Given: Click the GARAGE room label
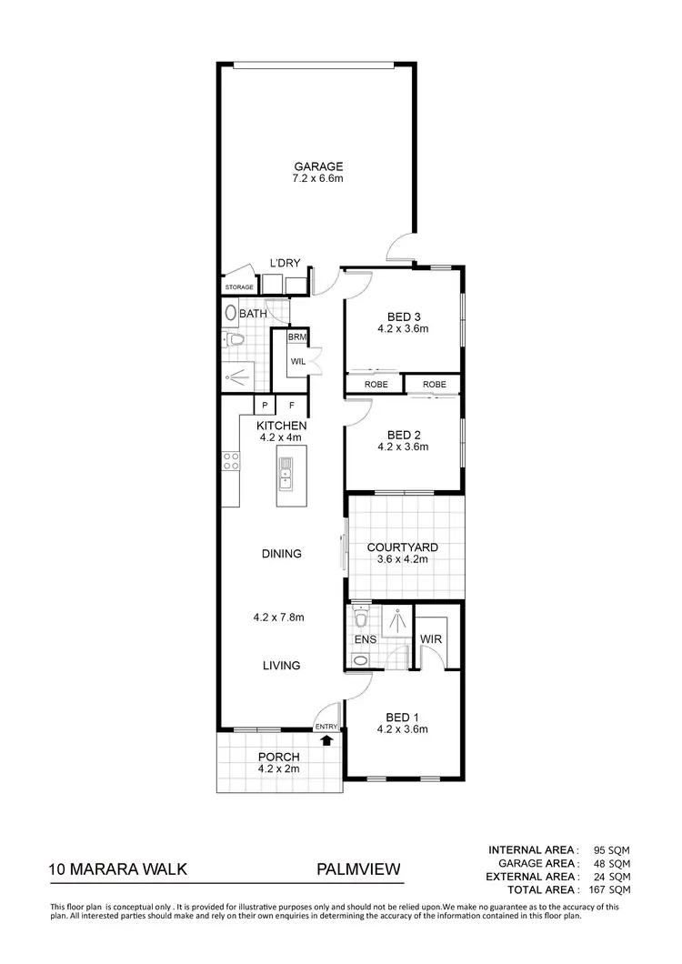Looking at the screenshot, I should coord(317,166).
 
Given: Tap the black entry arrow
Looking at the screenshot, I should coord(326,740).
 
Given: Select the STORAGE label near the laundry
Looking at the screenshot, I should coord(239,287).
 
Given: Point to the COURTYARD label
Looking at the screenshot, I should coord(402,547).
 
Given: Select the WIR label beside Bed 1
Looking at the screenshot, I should coord(430,639).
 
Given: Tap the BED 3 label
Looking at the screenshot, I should coord(402,318).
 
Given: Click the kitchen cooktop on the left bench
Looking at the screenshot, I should coord(230,461).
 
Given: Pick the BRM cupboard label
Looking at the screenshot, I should coord(296,337).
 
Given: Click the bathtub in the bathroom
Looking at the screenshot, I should coord(230,313).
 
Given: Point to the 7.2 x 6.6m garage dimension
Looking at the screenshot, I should coord(317,179).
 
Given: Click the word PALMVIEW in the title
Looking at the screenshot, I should coord(358,869).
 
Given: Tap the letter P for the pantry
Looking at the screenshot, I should coord(265,406).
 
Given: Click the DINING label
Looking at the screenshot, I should coord(281,554).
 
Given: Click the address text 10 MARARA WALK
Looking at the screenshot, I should coord(118,869).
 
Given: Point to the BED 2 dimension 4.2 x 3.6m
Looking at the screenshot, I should coord(402,447).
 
